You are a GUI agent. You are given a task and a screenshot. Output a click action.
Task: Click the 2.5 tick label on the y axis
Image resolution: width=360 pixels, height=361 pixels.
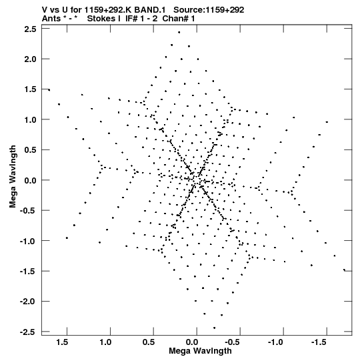coord(30,29)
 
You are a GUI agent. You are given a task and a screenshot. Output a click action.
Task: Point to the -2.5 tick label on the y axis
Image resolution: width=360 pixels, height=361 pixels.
coord(27,332)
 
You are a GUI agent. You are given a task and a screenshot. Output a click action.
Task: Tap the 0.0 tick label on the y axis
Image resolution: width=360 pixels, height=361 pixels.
coord(30,180)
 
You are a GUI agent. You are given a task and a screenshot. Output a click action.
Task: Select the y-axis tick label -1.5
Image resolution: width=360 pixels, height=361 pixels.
coord(27,272)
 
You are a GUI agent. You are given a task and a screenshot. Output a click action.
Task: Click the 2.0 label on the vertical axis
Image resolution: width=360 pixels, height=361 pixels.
coord(30,59)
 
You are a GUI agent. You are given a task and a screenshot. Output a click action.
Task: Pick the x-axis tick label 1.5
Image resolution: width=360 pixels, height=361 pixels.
coord(62,342)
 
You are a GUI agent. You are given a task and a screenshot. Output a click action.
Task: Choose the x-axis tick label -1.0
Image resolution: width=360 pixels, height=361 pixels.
coord(275,342)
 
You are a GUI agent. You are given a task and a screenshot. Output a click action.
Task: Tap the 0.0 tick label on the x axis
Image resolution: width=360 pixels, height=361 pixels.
coord(192,342)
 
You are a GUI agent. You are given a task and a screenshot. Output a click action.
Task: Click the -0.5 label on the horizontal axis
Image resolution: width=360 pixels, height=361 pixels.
coord(232,342)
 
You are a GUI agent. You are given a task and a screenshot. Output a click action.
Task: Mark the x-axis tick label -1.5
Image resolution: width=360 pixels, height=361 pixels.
coord(319,342)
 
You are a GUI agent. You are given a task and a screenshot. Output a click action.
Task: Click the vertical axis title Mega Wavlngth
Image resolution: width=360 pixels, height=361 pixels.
coord(13,177)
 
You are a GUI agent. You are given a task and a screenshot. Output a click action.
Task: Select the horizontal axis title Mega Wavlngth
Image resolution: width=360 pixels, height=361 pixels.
coord(200,351)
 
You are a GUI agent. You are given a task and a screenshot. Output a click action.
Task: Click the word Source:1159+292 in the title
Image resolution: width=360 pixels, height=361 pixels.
coord(209,10)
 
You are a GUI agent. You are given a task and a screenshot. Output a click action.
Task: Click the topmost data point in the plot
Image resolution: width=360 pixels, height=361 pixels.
coord(179,33)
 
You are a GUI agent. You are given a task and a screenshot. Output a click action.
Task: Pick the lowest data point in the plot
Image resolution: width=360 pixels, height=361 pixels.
coord(215,328)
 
